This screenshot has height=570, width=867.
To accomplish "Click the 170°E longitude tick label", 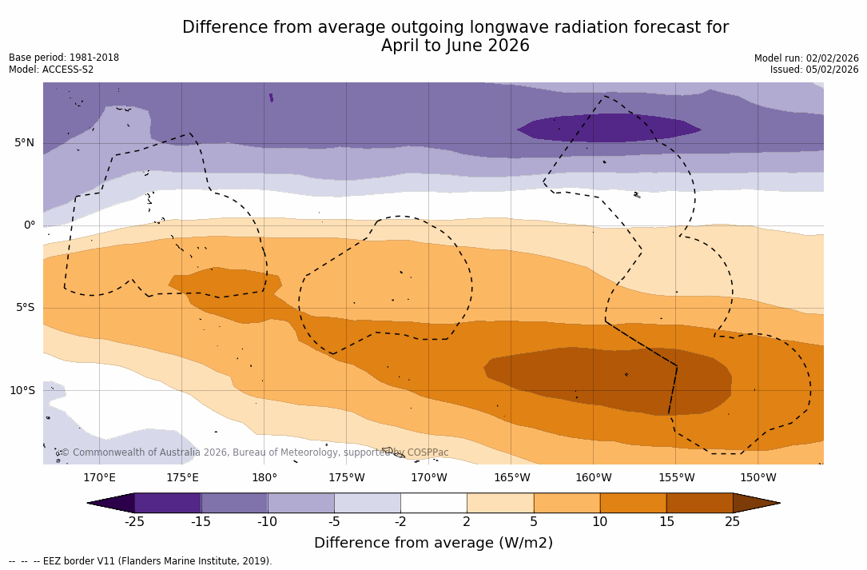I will point(99,478).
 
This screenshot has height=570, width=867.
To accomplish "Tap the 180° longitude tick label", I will point(264,478).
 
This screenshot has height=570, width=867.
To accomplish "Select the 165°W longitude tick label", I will point(511,478).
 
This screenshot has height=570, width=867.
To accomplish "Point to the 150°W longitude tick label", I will point(758,478).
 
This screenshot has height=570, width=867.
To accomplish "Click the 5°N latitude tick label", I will point(24,143).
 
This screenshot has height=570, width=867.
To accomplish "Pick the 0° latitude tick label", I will point(29,225).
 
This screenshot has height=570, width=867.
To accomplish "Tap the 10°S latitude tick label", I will point(22,391).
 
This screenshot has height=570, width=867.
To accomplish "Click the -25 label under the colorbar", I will point(134,522).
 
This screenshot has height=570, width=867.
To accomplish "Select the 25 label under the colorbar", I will point(732,522).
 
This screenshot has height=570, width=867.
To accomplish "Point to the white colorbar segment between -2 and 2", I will point(433,503).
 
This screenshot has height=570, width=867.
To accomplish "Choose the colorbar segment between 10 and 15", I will point(633,503).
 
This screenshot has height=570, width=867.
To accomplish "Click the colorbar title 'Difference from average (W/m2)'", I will point(433,543).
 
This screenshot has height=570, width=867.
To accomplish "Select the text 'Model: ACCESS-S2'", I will point(51,70).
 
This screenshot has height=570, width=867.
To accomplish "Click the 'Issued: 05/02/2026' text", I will point(814,70).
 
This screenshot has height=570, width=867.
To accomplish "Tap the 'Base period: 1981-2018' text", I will point(64,58).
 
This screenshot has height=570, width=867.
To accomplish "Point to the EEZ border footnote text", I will point(141,561).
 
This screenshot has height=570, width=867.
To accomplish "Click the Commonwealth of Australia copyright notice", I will point(255,452).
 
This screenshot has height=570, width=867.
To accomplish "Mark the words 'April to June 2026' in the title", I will point(455,46).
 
